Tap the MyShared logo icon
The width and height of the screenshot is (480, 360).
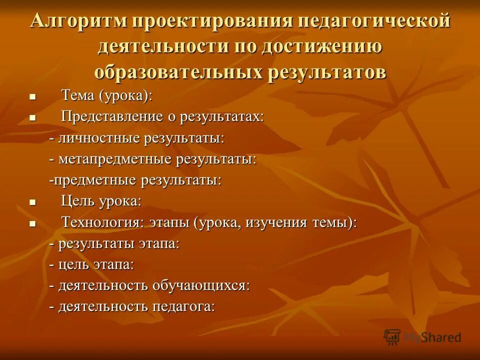pyautogui.click(x=392, y=336)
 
